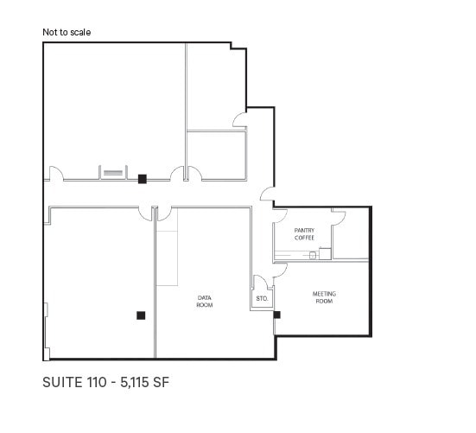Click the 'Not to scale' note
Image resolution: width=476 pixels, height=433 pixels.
coord(67,33)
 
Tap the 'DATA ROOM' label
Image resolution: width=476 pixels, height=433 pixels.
coord(205,302)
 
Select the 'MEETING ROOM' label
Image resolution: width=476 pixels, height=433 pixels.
coord(324,297)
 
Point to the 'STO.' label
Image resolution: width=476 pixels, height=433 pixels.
coord(262,299)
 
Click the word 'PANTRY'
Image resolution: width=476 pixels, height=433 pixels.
coord(303,230)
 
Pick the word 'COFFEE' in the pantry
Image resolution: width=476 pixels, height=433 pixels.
coord(303,238)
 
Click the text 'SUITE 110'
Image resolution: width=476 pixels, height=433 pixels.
coord(73,381)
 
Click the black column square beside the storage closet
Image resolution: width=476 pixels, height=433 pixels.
coord(276,315)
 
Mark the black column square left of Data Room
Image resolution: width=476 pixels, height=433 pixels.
coord(140,315)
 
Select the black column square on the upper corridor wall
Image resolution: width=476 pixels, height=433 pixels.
coord(142,179)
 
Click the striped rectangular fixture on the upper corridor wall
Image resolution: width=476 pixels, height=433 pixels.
coord(111,173)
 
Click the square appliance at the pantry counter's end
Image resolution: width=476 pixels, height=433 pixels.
coord(325,253)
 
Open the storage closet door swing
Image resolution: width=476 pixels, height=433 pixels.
coord(259,282)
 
